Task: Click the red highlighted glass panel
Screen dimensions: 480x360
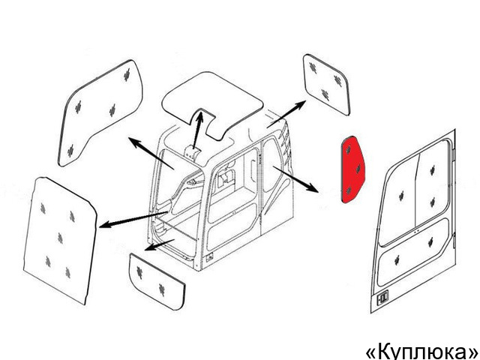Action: tap(352, 170)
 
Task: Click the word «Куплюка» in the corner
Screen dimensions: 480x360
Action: tap(423, 352)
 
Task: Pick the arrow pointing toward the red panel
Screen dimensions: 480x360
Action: tap(295, 179)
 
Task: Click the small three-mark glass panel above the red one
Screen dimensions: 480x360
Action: tap(326, 85)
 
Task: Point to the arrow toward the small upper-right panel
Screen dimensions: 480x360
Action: tap(286, 114)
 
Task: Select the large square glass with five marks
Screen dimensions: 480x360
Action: tap(60, 240)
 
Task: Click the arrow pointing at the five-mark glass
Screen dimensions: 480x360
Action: tap(133, 220)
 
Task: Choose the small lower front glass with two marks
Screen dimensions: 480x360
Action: tap(157, 282)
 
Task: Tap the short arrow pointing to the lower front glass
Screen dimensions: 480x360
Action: tap(159, 245)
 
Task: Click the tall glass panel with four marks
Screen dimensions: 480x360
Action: tap(100, 113)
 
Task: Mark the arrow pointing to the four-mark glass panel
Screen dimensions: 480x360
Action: tap(151, 153)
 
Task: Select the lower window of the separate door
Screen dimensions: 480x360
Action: tap(413, 253)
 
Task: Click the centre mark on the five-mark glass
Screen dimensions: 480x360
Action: tap(60, 238)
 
